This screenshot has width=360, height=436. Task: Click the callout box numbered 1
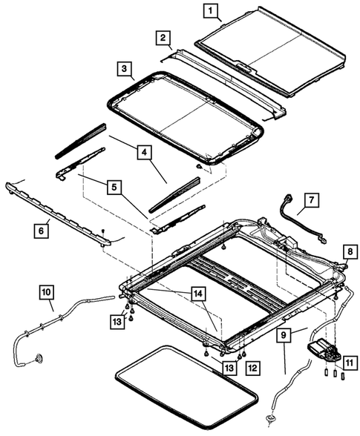(212, 11)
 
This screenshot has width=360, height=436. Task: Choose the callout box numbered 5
(114, 188)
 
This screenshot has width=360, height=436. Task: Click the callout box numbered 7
(312, 200)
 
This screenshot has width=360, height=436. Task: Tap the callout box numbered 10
(46, 304)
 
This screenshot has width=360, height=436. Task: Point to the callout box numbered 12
(252, 367)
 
